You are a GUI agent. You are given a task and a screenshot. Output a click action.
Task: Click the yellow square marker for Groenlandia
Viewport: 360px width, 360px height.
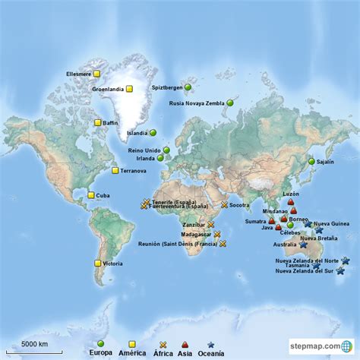(x=129, y=89)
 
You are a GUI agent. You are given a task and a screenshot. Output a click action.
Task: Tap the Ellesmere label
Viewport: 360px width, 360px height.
(x=79, y=74)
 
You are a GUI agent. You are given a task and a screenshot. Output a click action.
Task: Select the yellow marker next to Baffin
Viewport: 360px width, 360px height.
(x=98, y=122)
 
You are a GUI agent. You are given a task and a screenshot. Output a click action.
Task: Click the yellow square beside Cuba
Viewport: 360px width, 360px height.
(x=90, y=195)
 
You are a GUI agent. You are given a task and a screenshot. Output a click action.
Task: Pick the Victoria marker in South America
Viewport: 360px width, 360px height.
(x=98, y=263)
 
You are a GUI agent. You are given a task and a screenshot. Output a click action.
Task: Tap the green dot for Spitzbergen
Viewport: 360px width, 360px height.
(x=188, y=87)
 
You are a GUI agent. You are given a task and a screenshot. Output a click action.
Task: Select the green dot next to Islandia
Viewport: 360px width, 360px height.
(x=153, y=132)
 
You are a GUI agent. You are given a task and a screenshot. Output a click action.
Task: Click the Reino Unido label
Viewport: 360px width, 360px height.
(x=144, y=150)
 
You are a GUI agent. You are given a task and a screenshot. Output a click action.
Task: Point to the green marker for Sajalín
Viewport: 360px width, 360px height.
(x=311, y=161)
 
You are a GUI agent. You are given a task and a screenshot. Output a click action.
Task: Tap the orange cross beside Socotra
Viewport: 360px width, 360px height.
(x=225, y=205)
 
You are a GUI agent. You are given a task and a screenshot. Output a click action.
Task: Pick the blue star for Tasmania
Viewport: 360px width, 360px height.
(x=316, y=266)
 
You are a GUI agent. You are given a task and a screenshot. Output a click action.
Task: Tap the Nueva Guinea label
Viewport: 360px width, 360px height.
(x=331, y=224)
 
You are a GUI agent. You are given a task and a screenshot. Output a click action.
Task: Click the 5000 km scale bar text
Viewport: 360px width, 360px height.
(x=34, y=344)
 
